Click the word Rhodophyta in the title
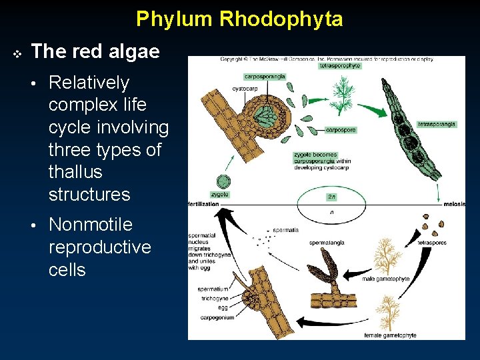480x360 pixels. (281, 19)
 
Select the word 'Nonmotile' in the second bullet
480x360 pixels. (91, 225)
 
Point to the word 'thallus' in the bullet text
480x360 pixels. (74, 172)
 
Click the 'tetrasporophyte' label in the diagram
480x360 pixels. (341, 66)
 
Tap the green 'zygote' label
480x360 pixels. (219, 195)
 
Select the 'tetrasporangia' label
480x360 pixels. (437, 124)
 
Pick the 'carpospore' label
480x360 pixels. (340, 129)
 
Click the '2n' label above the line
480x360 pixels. (331, 196)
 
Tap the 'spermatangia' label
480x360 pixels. (327, 243)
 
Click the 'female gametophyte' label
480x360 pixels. (390, 335)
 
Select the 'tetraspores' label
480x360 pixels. (432, 243)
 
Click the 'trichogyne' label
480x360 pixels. (214, 299)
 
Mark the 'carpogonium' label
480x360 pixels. (216, 317)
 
